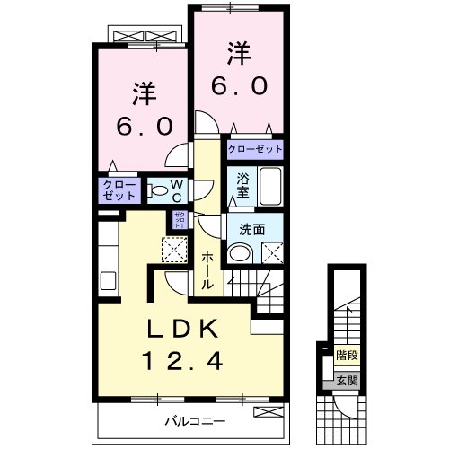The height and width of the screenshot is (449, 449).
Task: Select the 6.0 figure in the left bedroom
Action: click(143, 127)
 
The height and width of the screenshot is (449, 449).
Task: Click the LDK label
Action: click(181, 330)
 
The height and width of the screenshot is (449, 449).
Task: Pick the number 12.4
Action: click(181, 362)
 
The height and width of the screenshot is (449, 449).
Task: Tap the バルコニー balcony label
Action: click(192, 420)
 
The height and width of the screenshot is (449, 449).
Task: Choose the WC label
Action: click(178, 191)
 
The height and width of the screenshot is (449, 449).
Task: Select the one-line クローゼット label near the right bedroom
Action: click(255, 150)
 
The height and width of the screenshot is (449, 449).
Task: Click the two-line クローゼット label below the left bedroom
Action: click(119, 189)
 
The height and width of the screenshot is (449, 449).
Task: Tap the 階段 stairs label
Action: click(346, 356)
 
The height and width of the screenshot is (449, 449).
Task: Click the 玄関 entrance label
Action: click(346, 380)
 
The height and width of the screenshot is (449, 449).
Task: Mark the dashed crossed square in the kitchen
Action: click(172, 247)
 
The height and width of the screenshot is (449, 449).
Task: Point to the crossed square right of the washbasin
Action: click(273, 254)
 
